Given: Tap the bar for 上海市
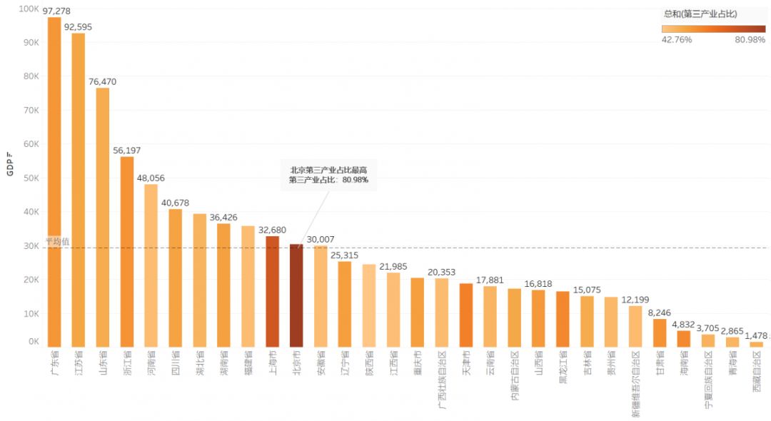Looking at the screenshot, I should [x=272, y=291].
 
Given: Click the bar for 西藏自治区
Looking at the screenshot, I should [x=756, y=345].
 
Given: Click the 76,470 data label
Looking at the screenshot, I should [x=103, y=82].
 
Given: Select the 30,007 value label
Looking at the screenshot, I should [x=321, y=240].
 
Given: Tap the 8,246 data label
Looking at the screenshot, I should [x=660, y=313].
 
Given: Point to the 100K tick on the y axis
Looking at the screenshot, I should [x=29, y=9].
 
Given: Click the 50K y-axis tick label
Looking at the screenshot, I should [x=31, y=178].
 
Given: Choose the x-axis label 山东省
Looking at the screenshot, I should [x=103, y=364].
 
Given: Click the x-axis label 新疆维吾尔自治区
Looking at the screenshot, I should [x=635, y=382].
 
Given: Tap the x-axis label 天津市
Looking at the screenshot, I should [x=466, y=363].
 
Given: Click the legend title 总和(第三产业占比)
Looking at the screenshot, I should [x=700, y=14].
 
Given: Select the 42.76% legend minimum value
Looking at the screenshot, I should [x=677, y=40].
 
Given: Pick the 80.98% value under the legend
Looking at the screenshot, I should [x=750, y=40].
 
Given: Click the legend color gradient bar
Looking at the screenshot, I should [x=713, y=29].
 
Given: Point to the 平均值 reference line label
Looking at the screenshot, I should [x=57, y=241].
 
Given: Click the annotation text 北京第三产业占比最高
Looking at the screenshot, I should [x=329, y=170].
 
